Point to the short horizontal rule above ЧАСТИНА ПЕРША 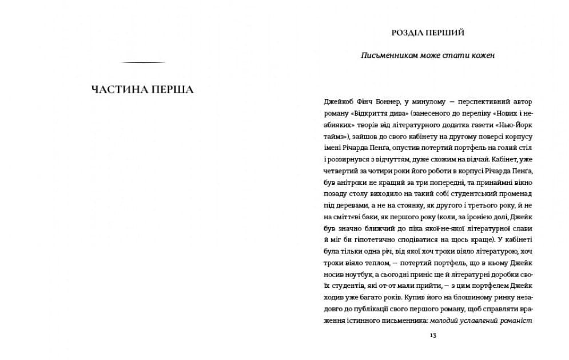[144, 62]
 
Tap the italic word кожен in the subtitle [483, 56]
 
